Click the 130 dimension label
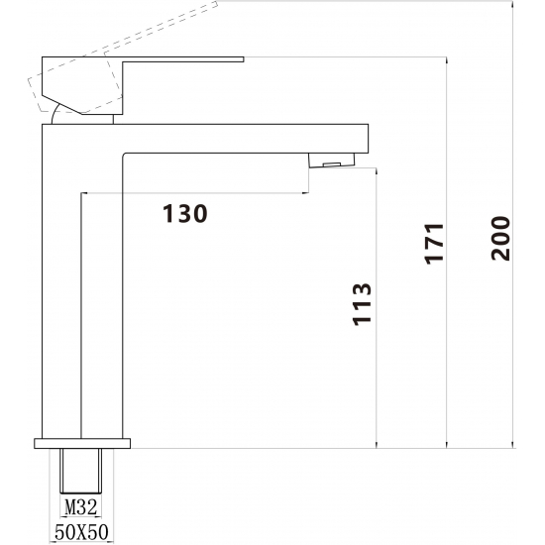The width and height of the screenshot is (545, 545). [x=185, y=213]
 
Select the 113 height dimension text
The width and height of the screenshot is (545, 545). [x=362, y=304]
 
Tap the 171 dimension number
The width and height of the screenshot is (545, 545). [x=434, y=244]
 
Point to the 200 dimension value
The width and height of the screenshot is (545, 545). [x=500, y=238]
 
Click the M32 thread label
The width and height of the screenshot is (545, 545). [x=81, y=507]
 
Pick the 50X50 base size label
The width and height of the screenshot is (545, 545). [x=81, y=532]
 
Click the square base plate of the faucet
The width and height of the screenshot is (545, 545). [x=82, y=444]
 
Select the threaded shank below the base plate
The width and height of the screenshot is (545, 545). [x=81, y=471]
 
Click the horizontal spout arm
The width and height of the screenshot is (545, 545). [x=245, y=139]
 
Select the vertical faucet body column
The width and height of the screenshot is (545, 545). [x=82, y=281]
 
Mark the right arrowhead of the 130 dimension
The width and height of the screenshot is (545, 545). [x=305, y=192]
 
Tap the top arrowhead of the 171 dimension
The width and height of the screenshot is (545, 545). [x=447, y=60]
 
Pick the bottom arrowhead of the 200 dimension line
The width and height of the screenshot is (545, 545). [x=513, y=445]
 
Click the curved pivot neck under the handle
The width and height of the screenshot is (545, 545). [x=54, y=113]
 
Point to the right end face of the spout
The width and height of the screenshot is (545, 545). [x=368, y=139]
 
